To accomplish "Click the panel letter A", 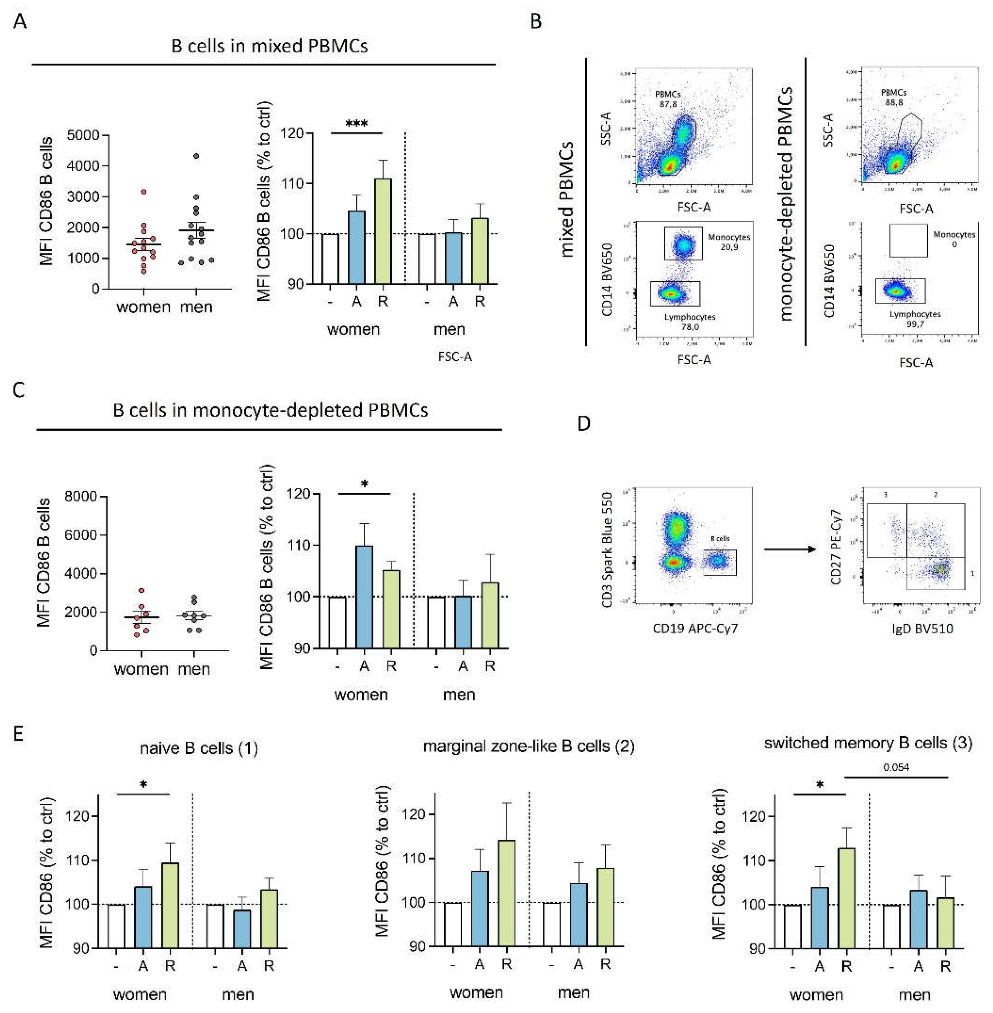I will click(20, 22).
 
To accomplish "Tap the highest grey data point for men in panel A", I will click(196, 156).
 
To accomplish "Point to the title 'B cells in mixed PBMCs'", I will click(269, 46).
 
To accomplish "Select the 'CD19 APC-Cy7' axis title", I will click(695, 628).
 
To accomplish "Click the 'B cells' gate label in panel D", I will click(720, 538).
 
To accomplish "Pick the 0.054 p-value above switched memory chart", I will click(896, 767).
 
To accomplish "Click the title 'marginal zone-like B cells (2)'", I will click(528, 747).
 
